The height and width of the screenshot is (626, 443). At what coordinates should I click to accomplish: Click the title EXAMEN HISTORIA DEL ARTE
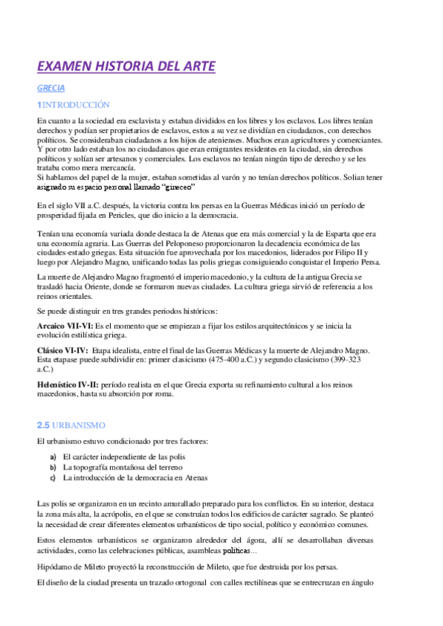(x=126, y=67)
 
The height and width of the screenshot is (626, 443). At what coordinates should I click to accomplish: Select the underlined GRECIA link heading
(x=50, y=87)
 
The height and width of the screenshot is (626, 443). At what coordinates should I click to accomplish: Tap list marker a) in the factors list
(x=52, y=457)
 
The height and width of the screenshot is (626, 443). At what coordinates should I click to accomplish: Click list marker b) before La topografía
(x=52, y=467)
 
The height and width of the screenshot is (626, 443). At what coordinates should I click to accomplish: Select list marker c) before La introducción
(x=52, y=478)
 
